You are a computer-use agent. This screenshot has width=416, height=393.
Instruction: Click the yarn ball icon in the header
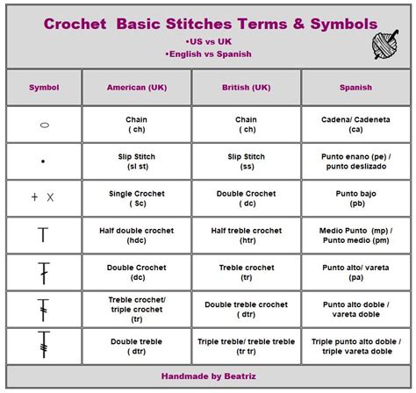pos(385,45)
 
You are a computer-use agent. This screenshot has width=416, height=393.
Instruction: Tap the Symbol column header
pos(44,88)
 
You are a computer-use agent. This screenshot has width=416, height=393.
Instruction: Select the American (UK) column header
pos(137,88)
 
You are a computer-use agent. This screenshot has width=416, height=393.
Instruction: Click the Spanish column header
pos(355,88)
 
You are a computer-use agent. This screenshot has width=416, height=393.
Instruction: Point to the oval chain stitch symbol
pos(45,125)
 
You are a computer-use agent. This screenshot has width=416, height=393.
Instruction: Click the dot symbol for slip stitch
pos(43,161)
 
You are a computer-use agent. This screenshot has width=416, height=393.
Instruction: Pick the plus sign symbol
pos(34,197)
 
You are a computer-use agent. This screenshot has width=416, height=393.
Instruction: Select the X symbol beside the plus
pos(50,197)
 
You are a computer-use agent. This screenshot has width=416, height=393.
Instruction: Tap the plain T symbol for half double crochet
pos(43,234)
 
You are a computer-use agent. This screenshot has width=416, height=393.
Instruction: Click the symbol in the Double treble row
pos(44,345)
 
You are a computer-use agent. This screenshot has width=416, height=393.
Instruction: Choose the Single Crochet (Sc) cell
pos(137,198)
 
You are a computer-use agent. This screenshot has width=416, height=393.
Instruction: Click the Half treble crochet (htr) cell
pos(247,235)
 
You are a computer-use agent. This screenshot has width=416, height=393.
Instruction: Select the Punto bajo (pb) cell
pos(356,198)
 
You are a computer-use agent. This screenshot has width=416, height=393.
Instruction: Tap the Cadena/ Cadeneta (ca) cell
pos(356,125)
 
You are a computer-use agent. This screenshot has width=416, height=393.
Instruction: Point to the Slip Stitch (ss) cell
pos(247,161)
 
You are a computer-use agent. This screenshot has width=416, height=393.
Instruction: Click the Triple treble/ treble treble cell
pos(247,347)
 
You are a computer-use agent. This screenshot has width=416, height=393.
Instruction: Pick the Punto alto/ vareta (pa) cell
pos(356,272)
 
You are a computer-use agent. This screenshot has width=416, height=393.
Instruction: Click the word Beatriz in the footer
pos(240,376)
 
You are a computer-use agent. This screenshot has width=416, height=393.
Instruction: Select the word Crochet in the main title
pos(75,24)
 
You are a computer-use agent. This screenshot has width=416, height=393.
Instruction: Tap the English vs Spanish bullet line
pos(208,54)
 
